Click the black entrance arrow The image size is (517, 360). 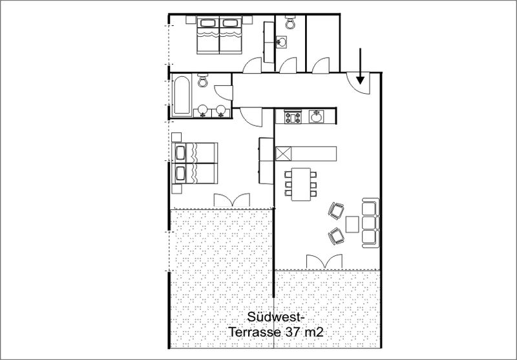(x=360, y=66)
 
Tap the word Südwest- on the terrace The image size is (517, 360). (x=276, y=317)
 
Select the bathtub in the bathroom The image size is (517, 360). (x=182, y=96)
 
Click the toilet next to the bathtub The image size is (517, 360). (x=202, y=80)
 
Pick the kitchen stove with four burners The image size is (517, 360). (x=293, y=116)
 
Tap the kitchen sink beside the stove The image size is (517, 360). (x=316, y=116)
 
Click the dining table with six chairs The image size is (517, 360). (x=301, y=184)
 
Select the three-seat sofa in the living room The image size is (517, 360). (x=370, y=222)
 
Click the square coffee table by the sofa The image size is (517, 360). (x=352, y=224)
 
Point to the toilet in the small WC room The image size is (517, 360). (x=290, y=22)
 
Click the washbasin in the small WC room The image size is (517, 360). (x=282, y=42)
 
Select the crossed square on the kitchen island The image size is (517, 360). (x=283, y=154)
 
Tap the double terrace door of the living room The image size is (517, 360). (x=324, y=261)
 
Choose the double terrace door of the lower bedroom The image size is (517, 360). (x=232, y=200)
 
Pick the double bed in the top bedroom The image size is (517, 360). (x=219, y=36)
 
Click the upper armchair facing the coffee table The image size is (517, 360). (x=336, y=210)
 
